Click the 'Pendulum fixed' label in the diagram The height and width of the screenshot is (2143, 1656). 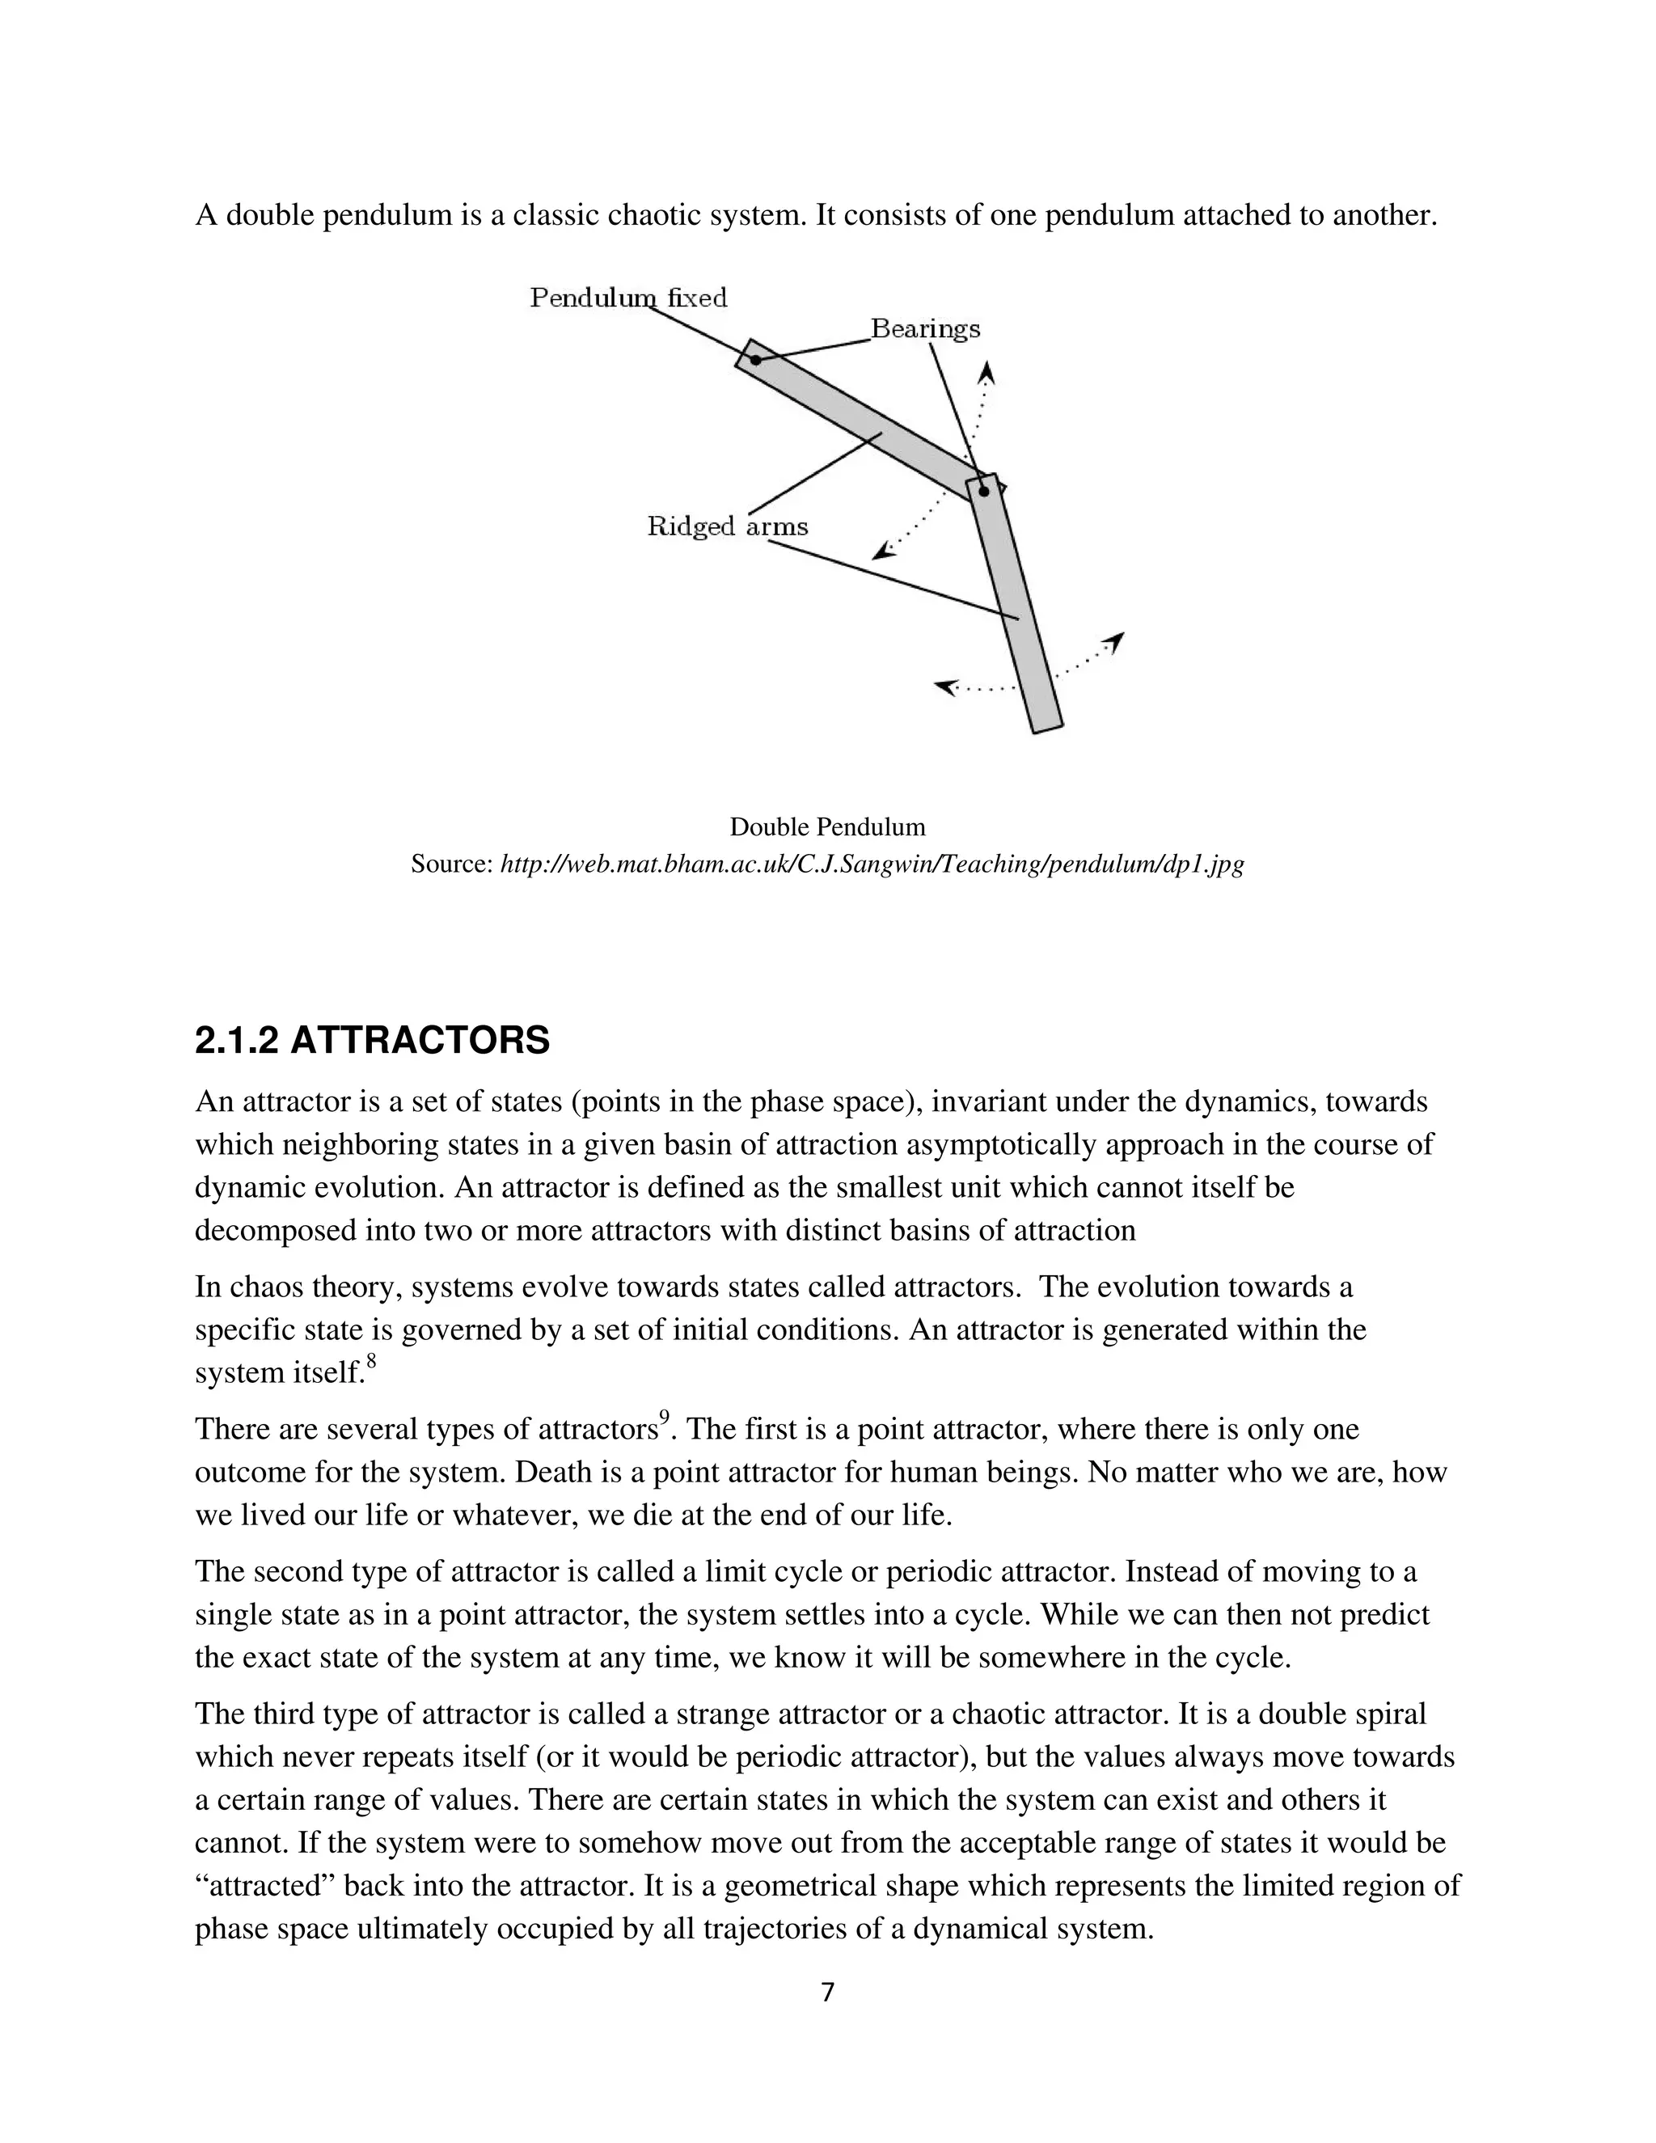(627, 298)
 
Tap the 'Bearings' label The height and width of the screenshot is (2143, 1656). (925, 328)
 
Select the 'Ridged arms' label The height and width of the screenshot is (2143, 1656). (727, 527)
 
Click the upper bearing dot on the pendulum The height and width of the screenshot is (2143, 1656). (755, 360)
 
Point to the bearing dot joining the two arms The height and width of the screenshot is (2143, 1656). (984, 491)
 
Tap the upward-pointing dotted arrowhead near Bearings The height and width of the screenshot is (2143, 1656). (988, 372)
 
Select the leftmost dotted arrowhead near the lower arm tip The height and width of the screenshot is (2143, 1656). (944, 687)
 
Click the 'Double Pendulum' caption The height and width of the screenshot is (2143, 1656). (827, 827)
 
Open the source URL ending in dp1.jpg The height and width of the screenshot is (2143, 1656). (871, 864)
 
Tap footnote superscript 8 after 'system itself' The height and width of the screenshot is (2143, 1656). (372, 1360)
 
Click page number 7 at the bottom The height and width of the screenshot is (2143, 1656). (827, 1992)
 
